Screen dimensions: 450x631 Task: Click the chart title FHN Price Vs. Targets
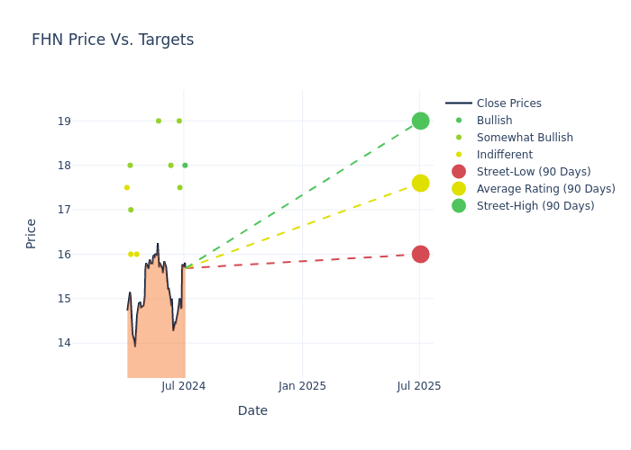coord(113,40)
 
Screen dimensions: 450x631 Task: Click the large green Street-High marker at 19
coord(420,121)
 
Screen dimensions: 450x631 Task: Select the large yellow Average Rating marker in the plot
coord(420,184)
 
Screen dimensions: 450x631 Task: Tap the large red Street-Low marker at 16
coord(420,255)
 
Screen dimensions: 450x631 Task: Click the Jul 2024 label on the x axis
coord(184,386)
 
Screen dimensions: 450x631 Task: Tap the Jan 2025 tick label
coord(302,386)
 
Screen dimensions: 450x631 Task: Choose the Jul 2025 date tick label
coord(419,386)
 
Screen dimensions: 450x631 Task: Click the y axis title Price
coord(32,233)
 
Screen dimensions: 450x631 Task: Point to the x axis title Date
coord(252,411)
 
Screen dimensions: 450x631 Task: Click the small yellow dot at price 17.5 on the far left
coord(127,187)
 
